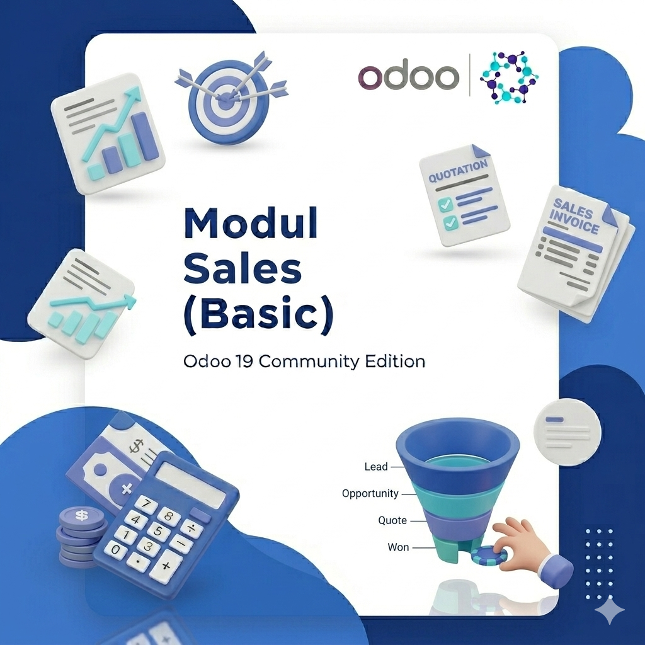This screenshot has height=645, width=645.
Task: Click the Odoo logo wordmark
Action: (x=408, y=77)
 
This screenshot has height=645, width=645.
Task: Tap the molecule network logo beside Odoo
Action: (x=509, y=77)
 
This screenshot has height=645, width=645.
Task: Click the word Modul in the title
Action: (x=250, y=224)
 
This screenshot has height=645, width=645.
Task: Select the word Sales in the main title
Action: (x=243, y=270)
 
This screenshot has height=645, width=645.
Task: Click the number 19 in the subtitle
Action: (x=241, y=362)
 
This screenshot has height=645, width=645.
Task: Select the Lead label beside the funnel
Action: (x=376, y=467)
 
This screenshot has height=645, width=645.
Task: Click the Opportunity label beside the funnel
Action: (x=370, y=493)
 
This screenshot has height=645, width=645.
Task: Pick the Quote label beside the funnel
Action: (x=392, y=520)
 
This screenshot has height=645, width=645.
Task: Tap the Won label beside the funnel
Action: (x=398, y=547)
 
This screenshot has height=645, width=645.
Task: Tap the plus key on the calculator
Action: (x=166, y=564)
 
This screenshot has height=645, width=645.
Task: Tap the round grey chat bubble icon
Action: (x=567, y=432)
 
